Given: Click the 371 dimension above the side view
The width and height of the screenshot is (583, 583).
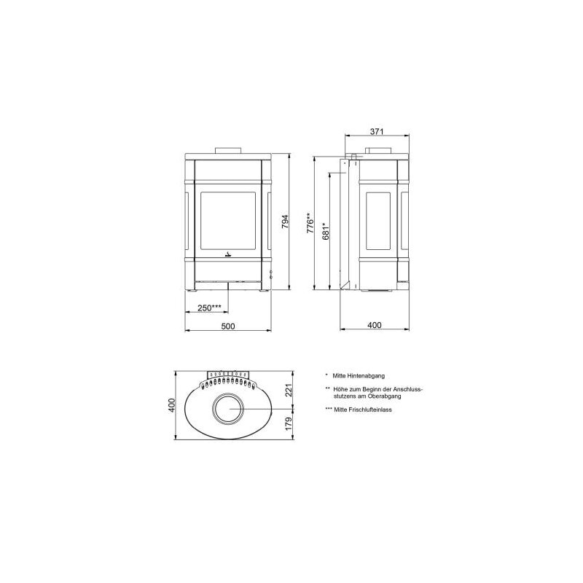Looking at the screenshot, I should [376, 131].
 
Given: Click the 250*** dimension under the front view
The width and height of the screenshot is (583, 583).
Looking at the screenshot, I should [209, 308].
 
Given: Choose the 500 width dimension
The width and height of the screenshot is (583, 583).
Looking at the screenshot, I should [228, 326].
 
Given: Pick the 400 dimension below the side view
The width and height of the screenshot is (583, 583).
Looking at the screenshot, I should [375, 326].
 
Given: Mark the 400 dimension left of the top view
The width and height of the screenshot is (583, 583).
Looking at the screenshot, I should [172, 405].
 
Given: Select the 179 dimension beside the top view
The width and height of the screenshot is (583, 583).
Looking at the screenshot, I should [288, 423].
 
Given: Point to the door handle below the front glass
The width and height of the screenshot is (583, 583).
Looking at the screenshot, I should [228, 254].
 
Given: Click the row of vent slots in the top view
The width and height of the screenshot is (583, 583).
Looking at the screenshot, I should [229, 380].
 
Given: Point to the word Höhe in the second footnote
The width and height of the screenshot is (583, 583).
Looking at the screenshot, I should [340, 389].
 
